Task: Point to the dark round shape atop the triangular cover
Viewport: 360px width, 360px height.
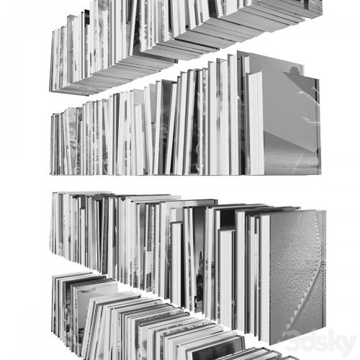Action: coord(294,71)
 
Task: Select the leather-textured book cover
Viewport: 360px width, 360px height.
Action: coord(297,276)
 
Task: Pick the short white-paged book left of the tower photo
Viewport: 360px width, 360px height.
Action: coord(176,264)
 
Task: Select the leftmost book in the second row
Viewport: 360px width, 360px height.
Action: coord(52,145)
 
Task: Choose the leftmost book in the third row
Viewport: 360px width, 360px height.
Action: coord(54,223)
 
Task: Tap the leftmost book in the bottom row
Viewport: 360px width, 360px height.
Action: coord(54,305)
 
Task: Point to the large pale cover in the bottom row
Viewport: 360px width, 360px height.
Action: coord(96,300)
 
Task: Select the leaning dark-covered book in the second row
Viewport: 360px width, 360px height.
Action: coord(166,127)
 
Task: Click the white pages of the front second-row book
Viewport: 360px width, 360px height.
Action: coord(256,123)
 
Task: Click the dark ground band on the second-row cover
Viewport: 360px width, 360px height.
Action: coord(292,153)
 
